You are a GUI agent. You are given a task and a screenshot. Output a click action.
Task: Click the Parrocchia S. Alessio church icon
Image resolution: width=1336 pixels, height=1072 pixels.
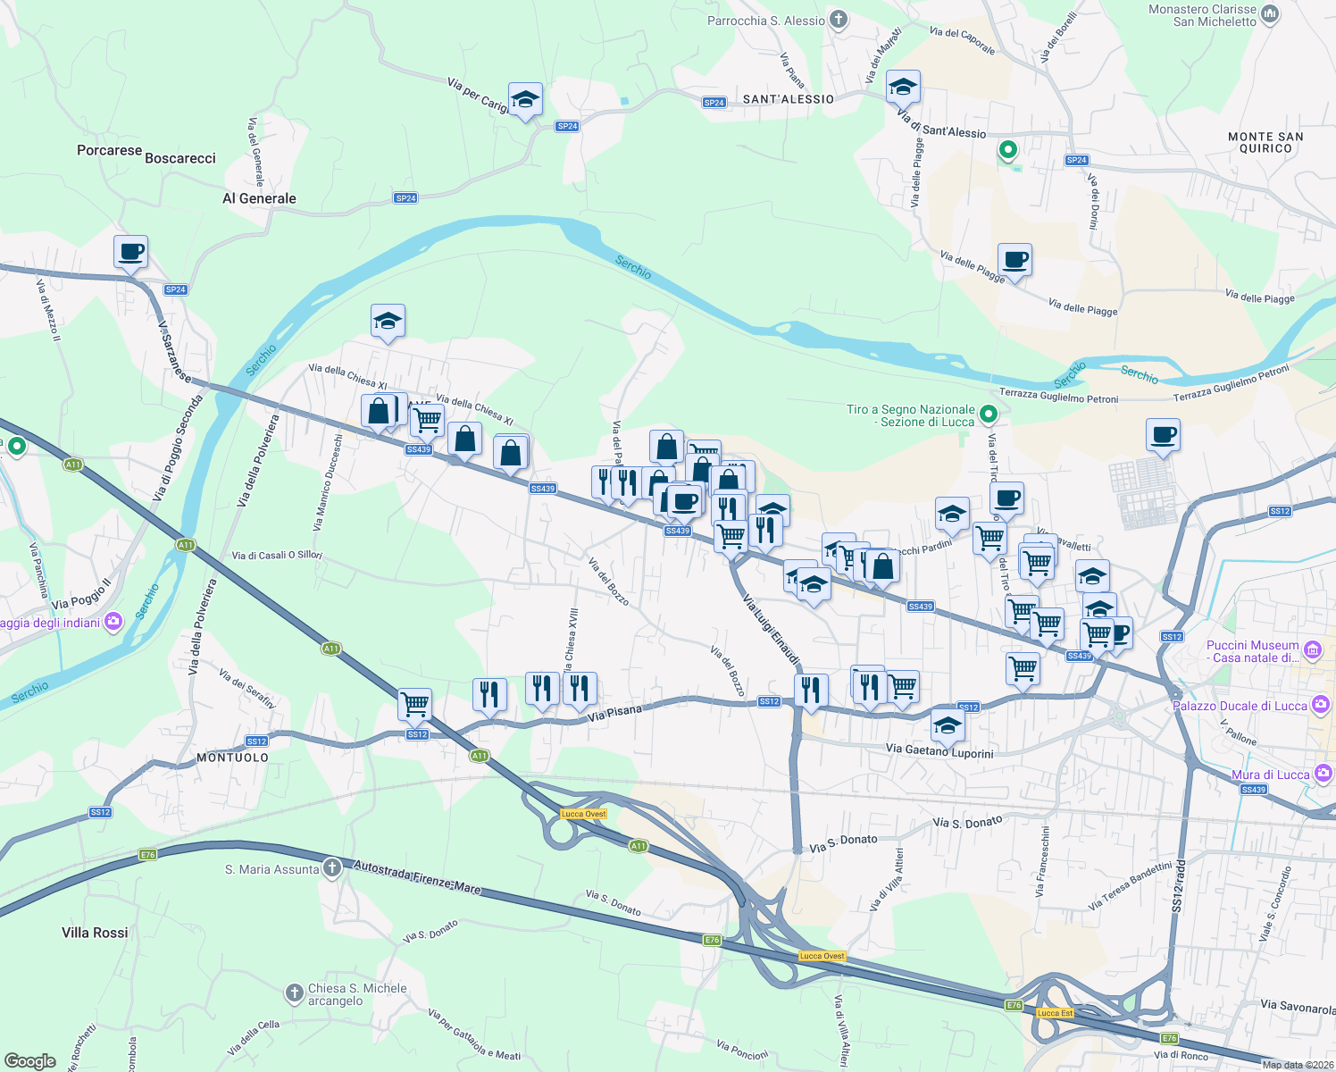click(x=838, y=19)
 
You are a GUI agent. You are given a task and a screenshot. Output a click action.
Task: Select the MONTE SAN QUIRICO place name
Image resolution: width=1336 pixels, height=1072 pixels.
click(x=1265, y=143)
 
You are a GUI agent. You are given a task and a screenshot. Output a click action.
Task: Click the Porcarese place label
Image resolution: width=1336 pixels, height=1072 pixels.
click(x=109, y=150)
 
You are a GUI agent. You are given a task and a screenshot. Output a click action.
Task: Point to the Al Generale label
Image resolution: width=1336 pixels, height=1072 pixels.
click(x=259, y=198)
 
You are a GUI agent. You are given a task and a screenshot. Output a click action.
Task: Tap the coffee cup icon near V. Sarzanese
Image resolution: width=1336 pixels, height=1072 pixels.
click(x=130, y=252)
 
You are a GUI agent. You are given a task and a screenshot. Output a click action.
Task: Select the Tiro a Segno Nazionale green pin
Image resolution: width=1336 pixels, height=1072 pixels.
click(x=988, y=414)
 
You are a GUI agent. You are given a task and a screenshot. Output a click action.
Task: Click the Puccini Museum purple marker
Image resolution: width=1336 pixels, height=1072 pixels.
click(x=1312, y=649)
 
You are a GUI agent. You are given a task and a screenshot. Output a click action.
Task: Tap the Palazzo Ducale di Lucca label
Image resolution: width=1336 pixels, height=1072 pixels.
click(x=1240, y=706)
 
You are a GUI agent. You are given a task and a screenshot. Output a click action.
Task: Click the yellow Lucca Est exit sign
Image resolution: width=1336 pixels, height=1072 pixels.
click(x=1055, y=1013)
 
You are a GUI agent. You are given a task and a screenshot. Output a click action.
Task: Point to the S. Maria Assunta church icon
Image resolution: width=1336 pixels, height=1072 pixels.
click(x=331, y=867)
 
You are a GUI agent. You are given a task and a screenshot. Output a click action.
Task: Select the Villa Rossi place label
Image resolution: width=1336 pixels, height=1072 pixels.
click(x=95, y=933)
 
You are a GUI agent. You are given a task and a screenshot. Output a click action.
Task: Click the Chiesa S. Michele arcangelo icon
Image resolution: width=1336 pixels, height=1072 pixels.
click(x=294, y=992)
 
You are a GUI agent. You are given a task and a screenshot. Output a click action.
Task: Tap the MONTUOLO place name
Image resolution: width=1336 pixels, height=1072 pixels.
click(x=232, y=758)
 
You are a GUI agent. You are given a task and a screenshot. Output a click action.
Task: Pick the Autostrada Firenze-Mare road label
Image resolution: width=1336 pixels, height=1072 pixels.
click(x=417, y=877)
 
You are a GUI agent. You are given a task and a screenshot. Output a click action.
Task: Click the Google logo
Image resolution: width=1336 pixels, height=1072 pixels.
click(x=30, y=1060)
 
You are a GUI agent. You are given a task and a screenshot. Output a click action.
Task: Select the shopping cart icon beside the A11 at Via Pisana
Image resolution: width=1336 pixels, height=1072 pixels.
click(x=414, y=704)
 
